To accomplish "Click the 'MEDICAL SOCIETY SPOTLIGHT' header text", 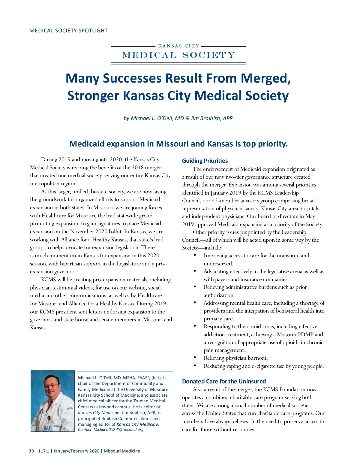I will click(x=68, y=31).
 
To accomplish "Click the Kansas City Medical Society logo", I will click(x=178, y=54).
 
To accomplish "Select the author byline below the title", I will click(x=178, y=118).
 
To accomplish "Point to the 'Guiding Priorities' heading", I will click(x=205, y=161).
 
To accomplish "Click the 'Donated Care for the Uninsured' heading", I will click(x=224, y=381).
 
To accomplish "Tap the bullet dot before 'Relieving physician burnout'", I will click(x=195, y=357).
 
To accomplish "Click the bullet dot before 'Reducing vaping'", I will click(x=195, y=365).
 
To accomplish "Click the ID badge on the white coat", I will click(x=47, y=427).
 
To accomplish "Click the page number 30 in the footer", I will click(x=31, y=451).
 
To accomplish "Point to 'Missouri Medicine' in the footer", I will click(x=122, y=451).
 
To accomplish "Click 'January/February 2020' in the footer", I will click(x=76, y=451).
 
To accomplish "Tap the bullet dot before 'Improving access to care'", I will click(x=195, y=255).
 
